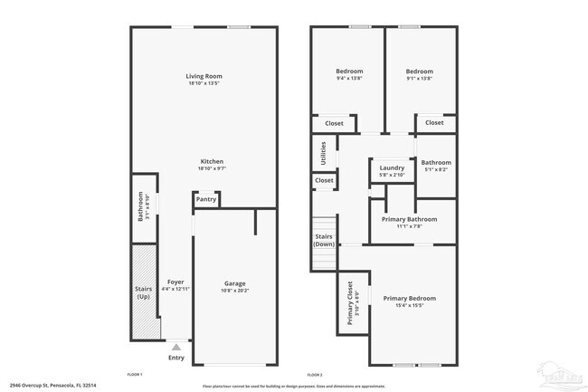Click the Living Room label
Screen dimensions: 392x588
204,76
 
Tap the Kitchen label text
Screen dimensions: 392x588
212,161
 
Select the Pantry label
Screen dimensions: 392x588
206,199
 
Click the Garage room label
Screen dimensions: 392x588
235,283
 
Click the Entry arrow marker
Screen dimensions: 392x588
176,346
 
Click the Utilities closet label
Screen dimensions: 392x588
323,152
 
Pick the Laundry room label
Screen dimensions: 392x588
392,167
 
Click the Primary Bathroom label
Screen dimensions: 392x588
411,219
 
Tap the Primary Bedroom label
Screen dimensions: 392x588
409,298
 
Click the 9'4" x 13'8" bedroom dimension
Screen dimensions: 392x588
349,79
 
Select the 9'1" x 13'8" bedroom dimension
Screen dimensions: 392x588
419,79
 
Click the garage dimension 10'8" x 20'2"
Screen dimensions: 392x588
235,291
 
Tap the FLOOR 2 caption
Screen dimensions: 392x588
315,374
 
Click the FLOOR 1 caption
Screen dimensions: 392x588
135,374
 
